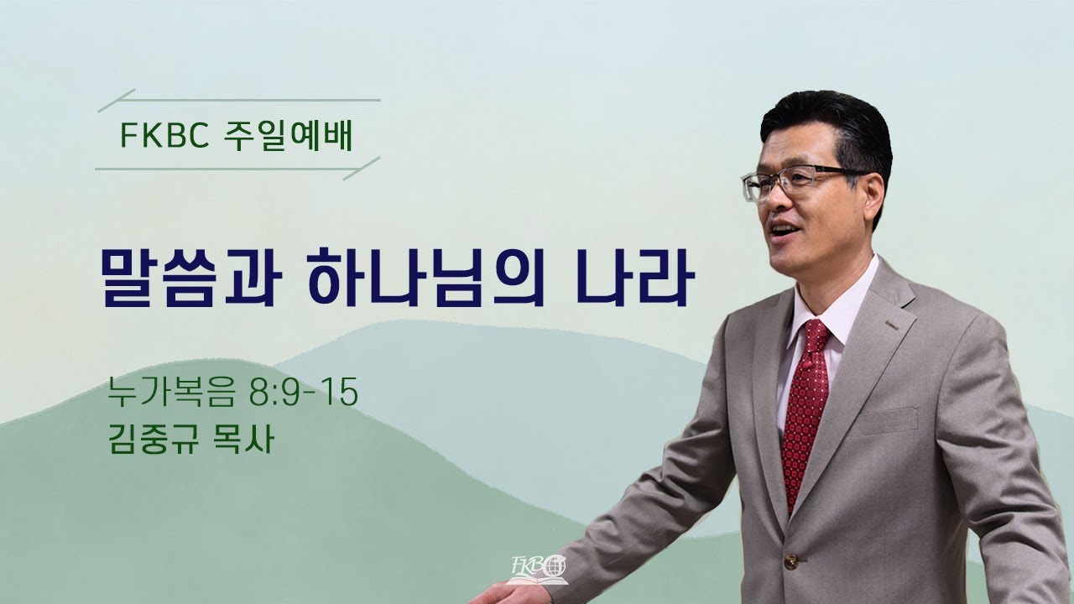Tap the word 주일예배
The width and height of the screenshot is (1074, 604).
(289, 135)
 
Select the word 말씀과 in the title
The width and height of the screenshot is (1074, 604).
(190, 278)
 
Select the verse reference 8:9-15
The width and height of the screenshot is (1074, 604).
(304, 392)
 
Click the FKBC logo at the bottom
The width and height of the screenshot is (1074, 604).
(538, 570)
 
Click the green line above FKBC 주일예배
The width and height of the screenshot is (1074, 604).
(239, 100)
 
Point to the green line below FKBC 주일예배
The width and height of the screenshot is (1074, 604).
(237, 169)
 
